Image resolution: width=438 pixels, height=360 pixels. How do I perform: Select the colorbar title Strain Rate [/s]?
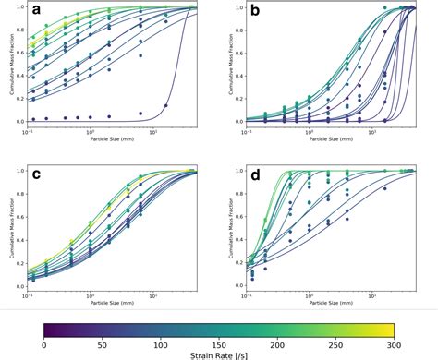pos(219,353)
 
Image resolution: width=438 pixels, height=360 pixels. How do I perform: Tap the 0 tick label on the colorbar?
pos(44,342)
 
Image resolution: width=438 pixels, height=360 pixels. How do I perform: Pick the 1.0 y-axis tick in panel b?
pos(237,8)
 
